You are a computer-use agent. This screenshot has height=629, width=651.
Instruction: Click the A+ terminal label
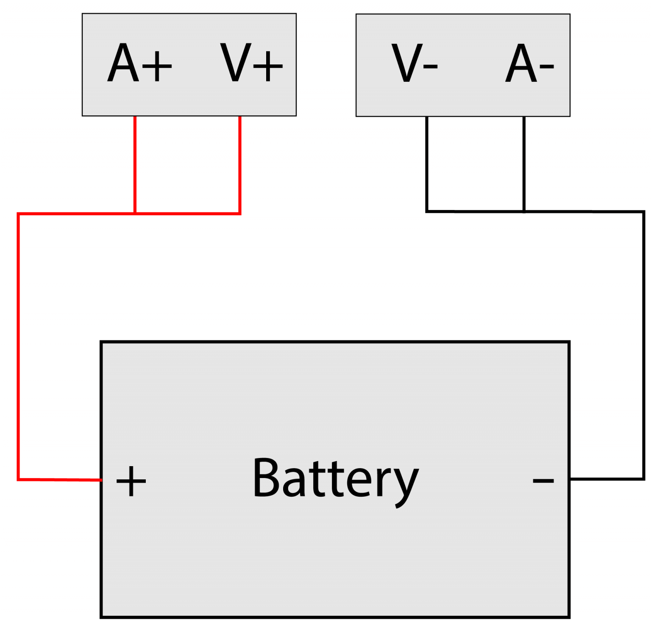pos(139,64)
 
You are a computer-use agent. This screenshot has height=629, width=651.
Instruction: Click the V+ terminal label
pos(251,64)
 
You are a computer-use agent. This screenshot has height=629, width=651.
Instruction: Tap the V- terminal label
pos(414,64)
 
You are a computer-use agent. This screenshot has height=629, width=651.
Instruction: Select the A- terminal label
pos(529,64)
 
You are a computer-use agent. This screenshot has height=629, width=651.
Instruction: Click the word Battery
pos(335,479)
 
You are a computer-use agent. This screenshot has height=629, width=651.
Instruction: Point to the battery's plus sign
pos(131,481)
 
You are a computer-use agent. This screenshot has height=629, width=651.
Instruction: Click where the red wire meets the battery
pos(101,480)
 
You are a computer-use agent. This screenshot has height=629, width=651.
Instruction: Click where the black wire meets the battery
pos(570,479)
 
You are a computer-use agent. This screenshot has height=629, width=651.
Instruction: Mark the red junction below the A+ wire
pos(135,213)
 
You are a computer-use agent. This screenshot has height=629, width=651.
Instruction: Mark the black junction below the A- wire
pos(524,211)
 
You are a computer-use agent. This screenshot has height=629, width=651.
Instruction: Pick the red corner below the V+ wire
pos(240,213)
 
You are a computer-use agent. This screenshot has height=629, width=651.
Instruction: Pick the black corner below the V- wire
pos(427,210)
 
